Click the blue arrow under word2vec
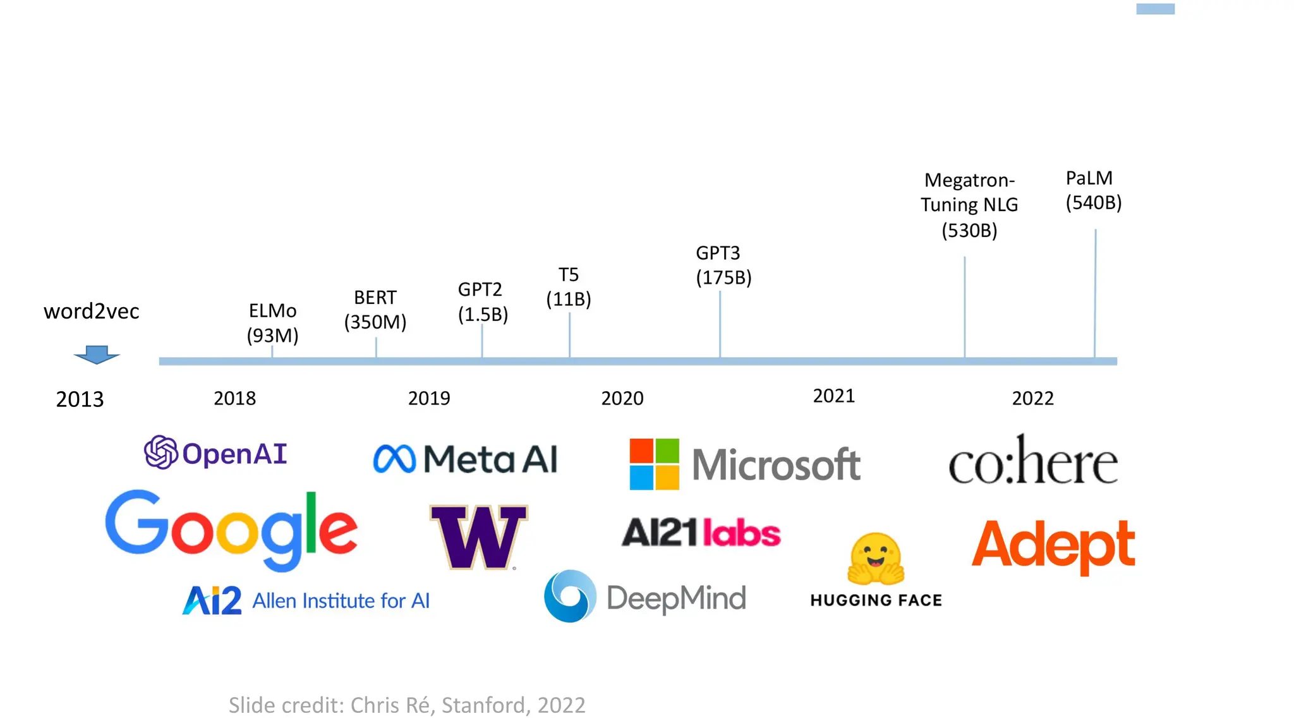[x=97, y=355]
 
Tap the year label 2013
[x=80, y=399]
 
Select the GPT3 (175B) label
[x=723, y=265]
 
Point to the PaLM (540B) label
[x=1093, y=190]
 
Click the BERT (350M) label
[x=375, y=310]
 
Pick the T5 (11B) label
[x=569, y=287]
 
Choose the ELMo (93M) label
[x=272, y=323]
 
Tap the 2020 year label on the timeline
[x=622, y=398]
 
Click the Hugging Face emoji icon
[x=876, y=558]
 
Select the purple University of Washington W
[x=478, y=536]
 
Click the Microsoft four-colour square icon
[x=654, y=464]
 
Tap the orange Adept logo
[x=1053, y=545]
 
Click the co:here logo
[x=1033, y=461]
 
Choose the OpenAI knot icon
[x=160, y=452]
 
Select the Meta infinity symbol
[x=394, y=459]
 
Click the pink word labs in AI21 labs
[x=742, y=533]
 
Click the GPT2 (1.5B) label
[x=483, y=301]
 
